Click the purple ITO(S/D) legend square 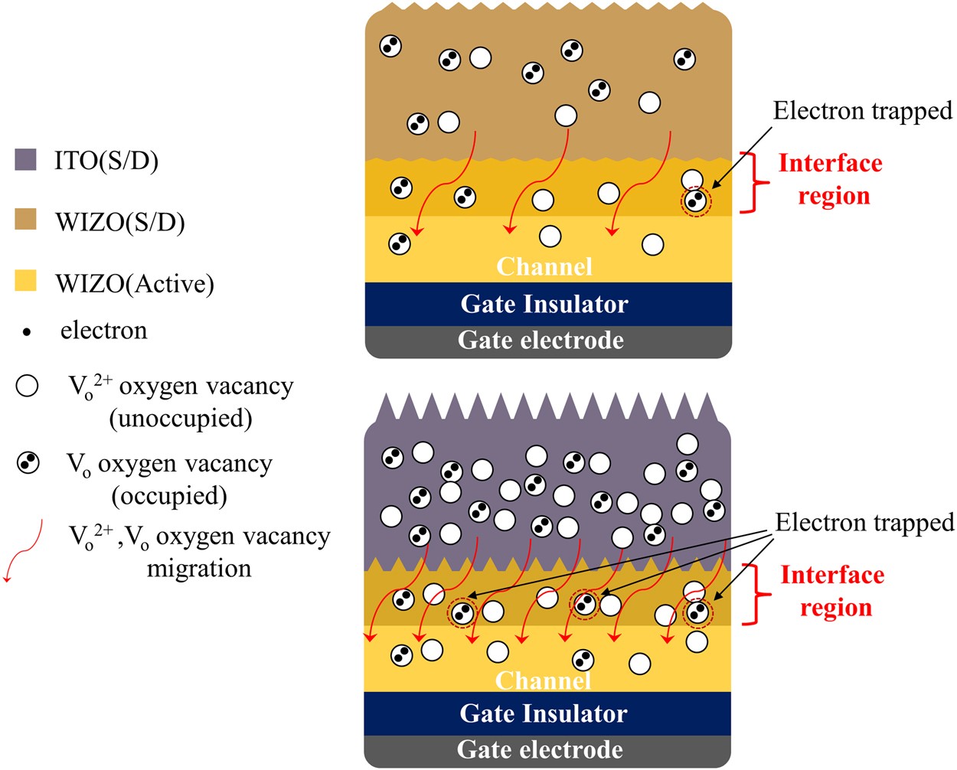coord(26,159)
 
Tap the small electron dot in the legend coord(27,332)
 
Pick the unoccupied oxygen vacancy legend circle coord(27,386)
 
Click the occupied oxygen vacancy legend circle coord(28,462)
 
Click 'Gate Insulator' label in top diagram coord(544,304)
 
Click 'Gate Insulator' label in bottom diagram coord(544,713)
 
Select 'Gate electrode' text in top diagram coord(541,340)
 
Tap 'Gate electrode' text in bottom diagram coord(540,749)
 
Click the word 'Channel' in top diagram coord(544,266)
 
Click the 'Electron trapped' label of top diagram coord(862,111)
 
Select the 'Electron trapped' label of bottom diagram coord(864,523)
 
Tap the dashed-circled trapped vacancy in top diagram coord(695,201)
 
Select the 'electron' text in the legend coord(104,331)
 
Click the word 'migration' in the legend coord(198,569)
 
